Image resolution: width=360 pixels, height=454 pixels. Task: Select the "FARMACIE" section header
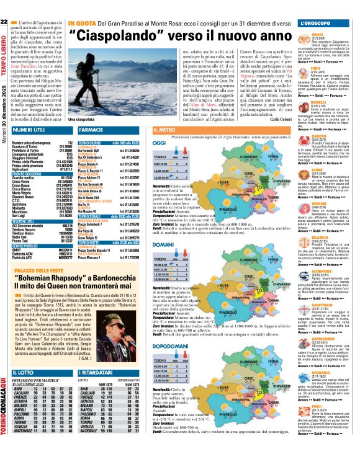tap(92, 130)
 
